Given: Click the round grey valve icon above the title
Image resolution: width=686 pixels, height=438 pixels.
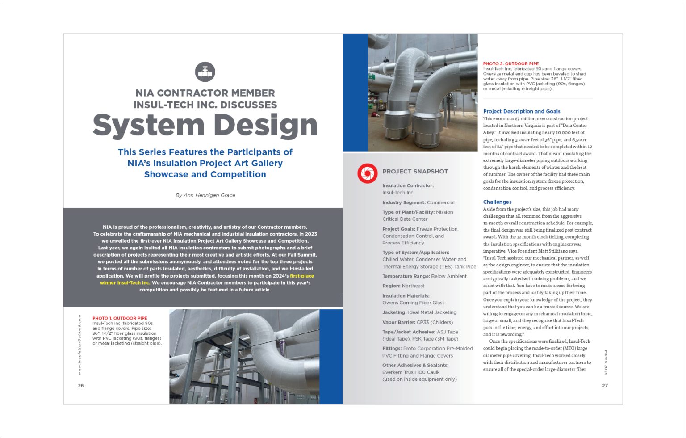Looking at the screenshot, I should (205, 72).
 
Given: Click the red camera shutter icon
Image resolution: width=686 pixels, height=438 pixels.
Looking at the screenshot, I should (367, 173).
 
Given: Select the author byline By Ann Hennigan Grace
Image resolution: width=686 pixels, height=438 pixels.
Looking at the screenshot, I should (205, 195).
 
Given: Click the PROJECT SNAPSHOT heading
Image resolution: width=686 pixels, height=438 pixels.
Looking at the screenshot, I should (415, 172).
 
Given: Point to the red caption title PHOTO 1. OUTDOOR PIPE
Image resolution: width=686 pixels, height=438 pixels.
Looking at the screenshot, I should (120, 318).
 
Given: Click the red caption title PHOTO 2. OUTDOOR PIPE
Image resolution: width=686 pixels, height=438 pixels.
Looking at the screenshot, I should (511, 64).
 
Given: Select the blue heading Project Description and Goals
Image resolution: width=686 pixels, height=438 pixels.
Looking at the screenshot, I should (521, 111).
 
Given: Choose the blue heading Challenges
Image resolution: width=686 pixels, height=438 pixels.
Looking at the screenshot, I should (497, 202).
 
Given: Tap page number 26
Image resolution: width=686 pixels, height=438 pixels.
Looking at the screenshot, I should (81, 386).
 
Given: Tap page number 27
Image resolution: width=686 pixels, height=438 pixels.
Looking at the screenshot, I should (605, 386).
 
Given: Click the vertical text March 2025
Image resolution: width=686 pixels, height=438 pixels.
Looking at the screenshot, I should (606, 362).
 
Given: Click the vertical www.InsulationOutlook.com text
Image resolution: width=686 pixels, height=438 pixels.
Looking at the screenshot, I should (79, 345).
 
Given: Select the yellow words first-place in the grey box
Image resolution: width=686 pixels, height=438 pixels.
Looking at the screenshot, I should (301, 276).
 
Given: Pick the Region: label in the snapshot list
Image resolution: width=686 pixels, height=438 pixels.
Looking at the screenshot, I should (391, 286).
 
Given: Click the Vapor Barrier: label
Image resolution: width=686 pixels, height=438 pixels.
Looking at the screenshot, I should (398, 322).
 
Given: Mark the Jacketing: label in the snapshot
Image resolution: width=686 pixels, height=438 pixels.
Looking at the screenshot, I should (394, 312).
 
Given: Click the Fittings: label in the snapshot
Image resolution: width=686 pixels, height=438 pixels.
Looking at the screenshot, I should (392, 349).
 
